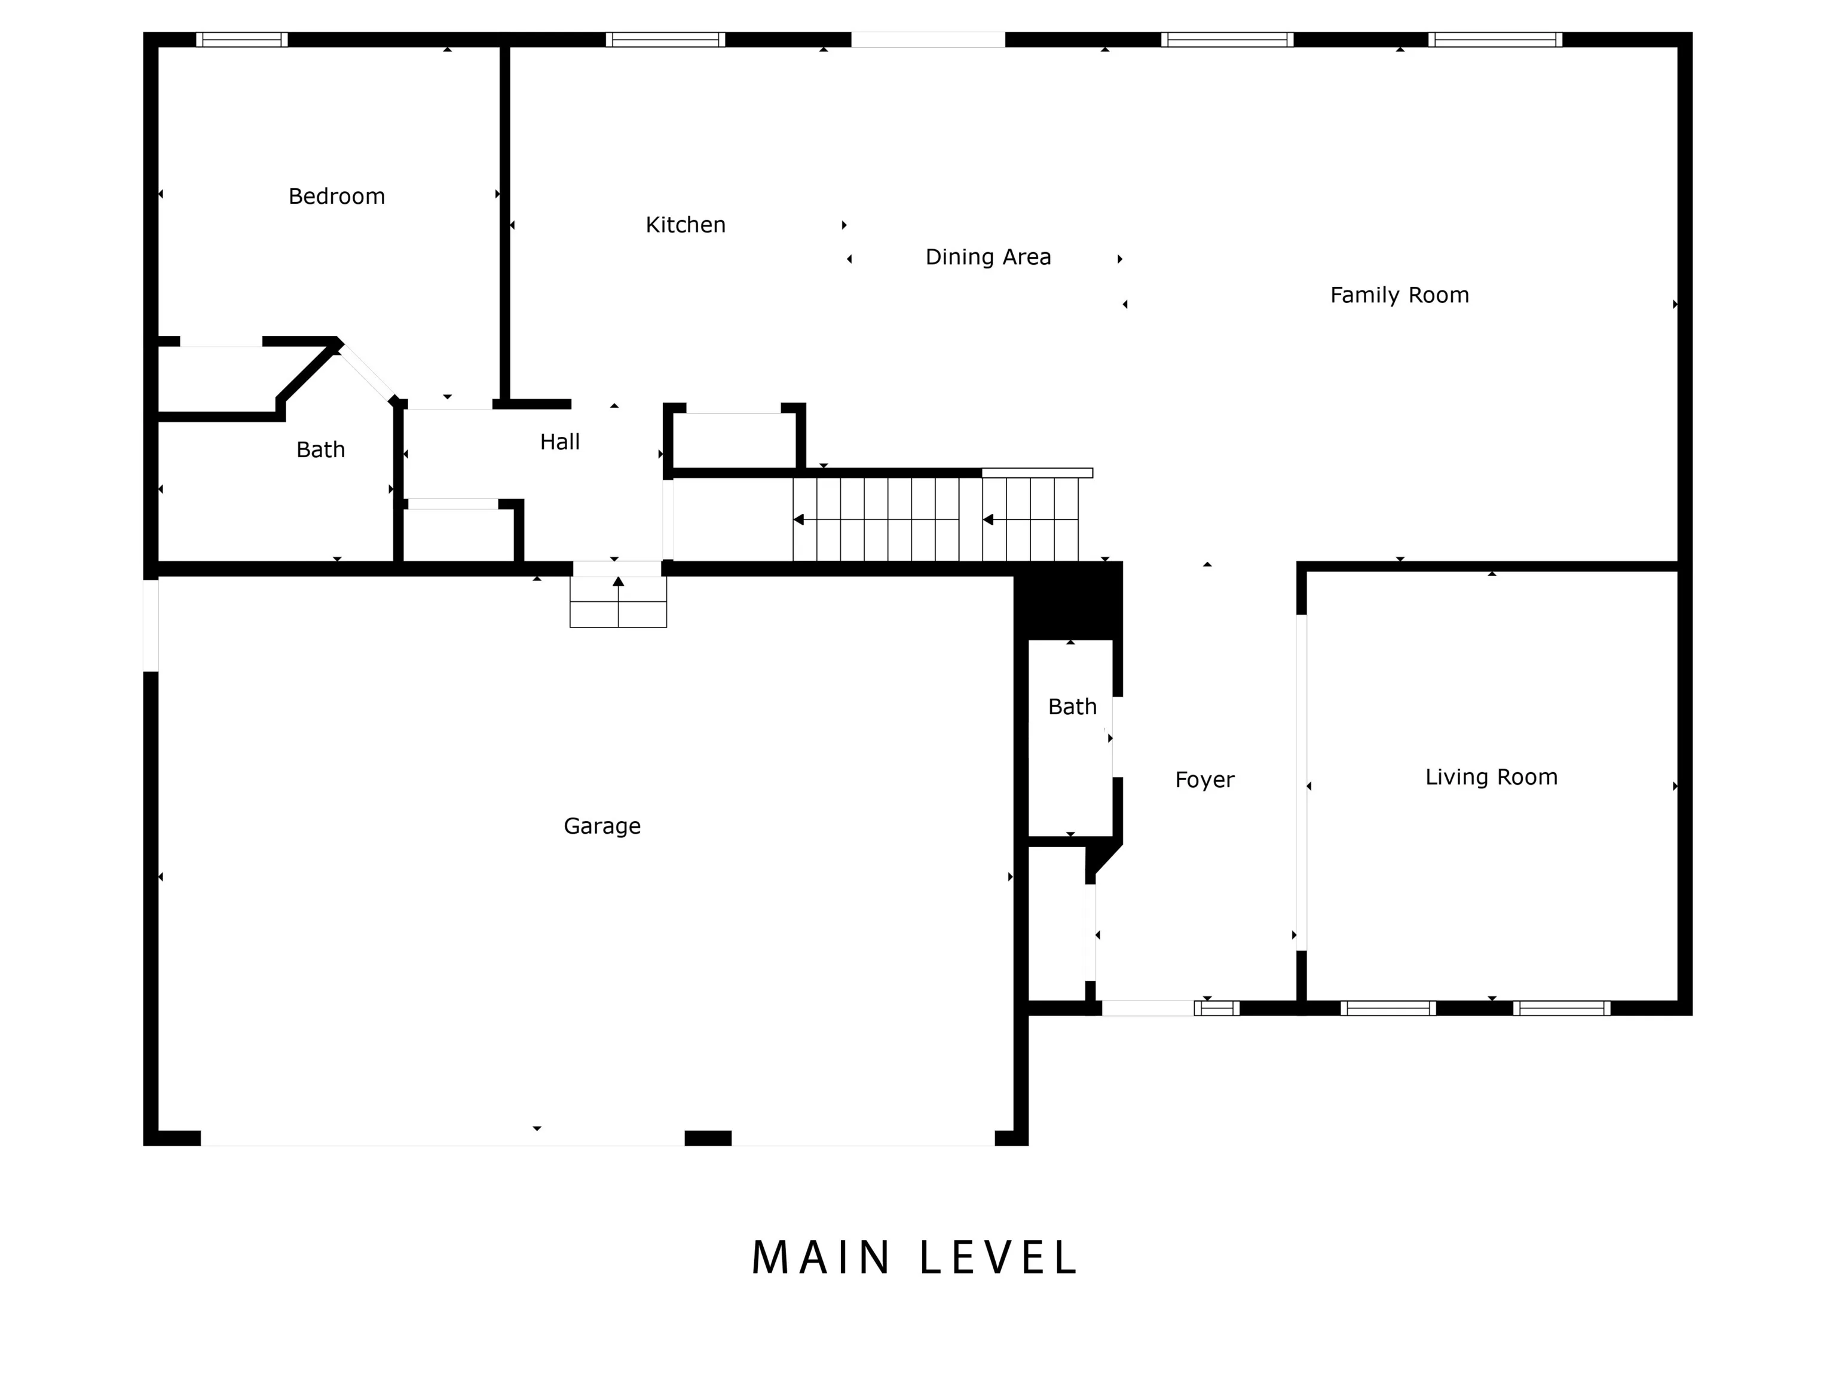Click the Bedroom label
[x=336, y=197]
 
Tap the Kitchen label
[x=686, y=225]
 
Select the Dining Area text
[x=988, y=258]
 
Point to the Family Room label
[x=1399, y=295]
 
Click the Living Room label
[x=1491, y=778]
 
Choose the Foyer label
[x=1204, y=780]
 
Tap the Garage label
[x=602, y=827]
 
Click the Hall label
[x=559, y=442]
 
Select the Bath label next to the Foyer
[x=1072, y=707]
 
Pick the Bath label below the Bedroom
[x=320, y=450]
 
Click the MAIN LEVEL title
[x=914, y=1258]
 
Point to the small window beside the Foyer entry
[x=1217, y=1008]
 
